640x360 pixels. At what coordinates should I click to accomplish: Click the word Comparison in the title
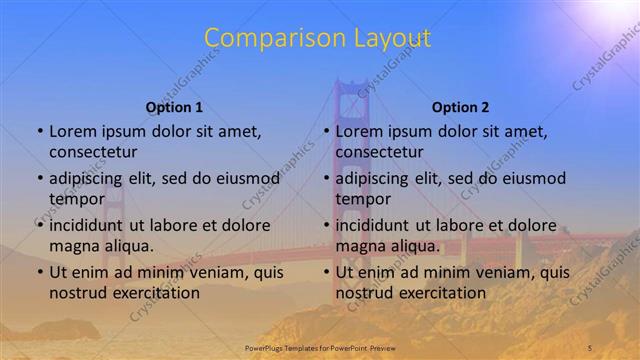(267, 39)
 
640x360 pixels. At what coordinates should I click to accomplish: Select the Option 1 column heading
(174, 107)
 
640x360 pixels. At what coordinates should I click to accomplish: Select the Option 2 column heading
(460, 107)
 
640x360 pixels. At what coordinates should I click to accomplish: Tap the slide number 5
(590, 347)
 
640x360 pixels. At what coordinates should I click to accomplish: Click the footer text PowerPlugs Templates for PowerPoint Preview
(320, 347)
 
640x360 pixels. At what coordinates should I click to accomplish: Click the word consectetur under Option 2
(380, 152)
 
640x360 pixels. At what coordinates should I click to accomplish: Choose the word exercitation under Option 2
(441, 293)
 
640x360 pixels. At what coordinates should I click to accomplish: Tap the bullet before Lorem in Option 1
(40, 132)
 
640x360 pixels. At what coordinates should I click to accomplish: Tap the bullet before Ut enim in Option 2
(327, 272)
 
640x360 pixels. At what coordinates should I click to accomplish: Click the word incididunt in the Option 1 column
(91, 225)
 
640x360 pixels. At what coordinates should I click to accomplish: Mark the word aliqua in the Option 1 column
(130, 246)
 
